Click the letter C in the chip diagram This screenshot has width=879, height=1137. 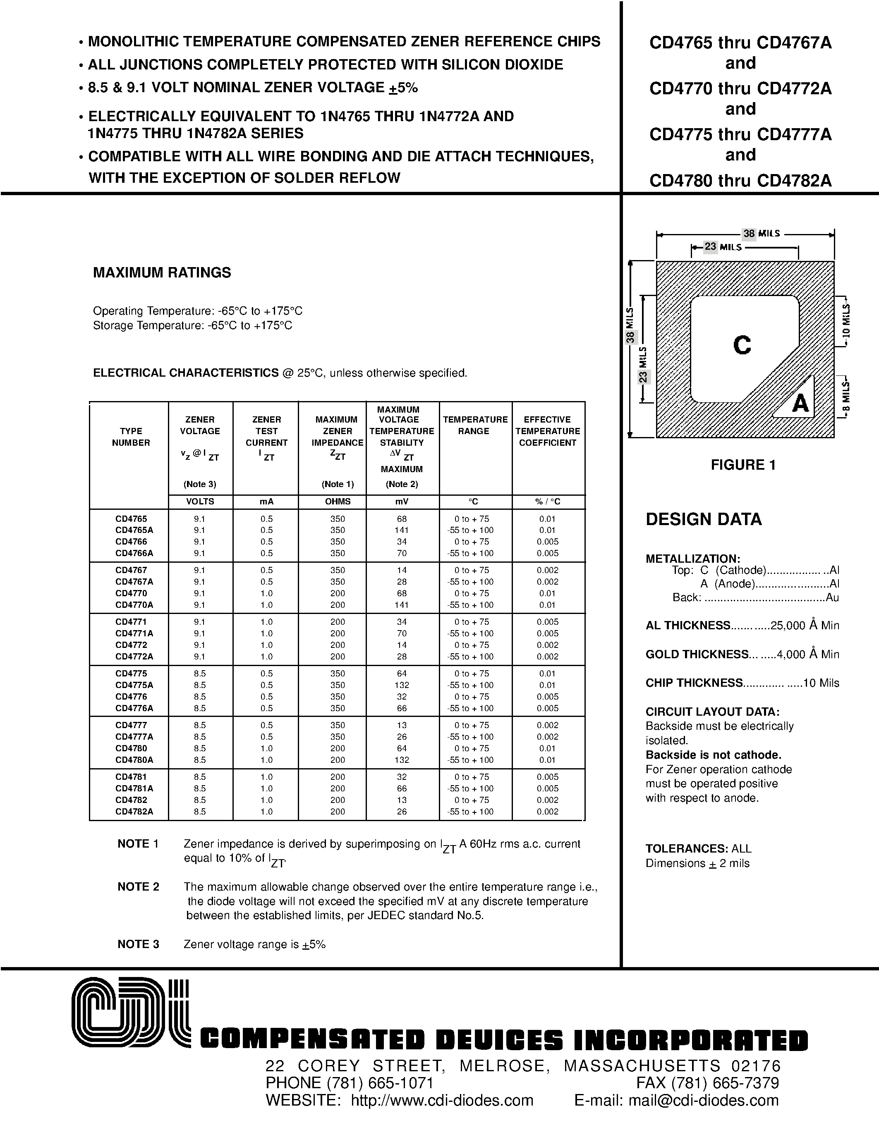(742, 345)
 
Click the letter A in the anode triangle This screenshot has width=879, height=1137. (800, 403)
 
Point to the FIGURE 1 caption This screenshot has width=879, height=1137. (743, 465)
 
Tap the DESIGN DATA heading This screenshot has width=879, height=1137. (704, 519)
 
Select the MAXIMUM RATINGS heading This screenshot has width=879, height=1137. (162, 273)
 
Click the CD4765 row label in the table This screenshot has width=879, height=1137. (131, 518)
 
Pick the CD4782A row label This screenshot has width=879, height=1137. (134, 812)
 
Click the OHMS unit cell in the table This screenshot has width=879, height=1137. (338, 502)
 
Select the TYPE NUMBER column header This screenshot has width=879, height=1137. (131, 437)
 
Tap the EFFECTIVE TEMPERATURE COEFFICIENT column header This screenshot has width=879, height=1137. (547, 431)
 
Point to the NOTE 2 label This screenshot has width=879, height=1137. (138, 886)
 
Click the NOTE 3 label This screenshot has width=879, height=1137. (138, 944)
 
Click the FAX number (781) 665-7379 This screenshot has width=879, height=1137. (725, 1083)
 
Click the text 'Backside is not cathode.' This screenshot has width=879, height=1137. (714, 755)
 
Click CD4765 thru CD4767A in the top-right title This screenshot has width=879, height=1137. (740, 43)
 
